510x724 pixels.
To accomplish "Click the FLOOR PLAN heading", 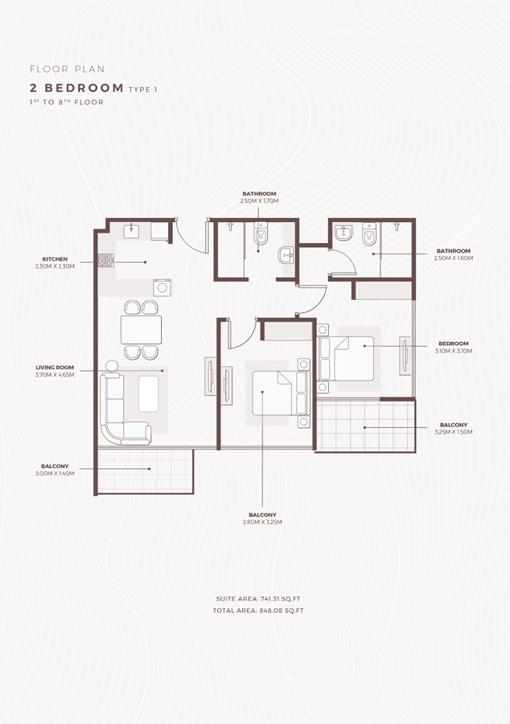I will click(x=67, y=69).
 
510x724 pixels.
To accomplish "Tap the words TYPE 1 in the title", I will click(x=142, y=88).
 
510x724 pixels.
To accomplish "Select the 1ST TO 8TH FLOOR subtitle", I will click(x=66, y=103).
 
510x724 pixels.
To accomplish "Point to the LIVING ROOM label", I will click(x=55, y=368).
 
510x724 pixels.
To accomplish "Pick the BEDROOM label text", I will click(x=454, y=343).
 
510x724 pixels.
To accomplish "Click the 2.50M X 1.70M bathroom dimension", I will click(x=260, y=201).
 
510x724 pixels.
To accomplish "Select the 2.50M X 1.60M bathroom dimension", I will click(x=454, y=258).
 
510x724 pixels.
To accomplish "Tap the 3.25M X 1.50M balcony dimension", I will click(x=454, y=432).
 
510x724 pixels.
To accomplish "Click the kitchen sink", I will click(x=132, y=232).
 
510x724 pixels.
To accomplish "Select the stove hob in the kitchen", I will click(x=106, y=260).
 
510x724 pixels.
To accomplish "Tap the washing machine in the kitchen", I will click(x=162, y=286).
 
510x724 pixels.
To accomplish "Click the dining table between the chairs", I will click(x=141, y=330).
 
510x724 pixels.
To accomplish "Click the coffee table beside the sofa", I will click(x=149, y=393).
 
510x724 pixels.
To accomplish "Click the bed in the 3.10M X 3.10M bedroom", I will click(x=350, y=358).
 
